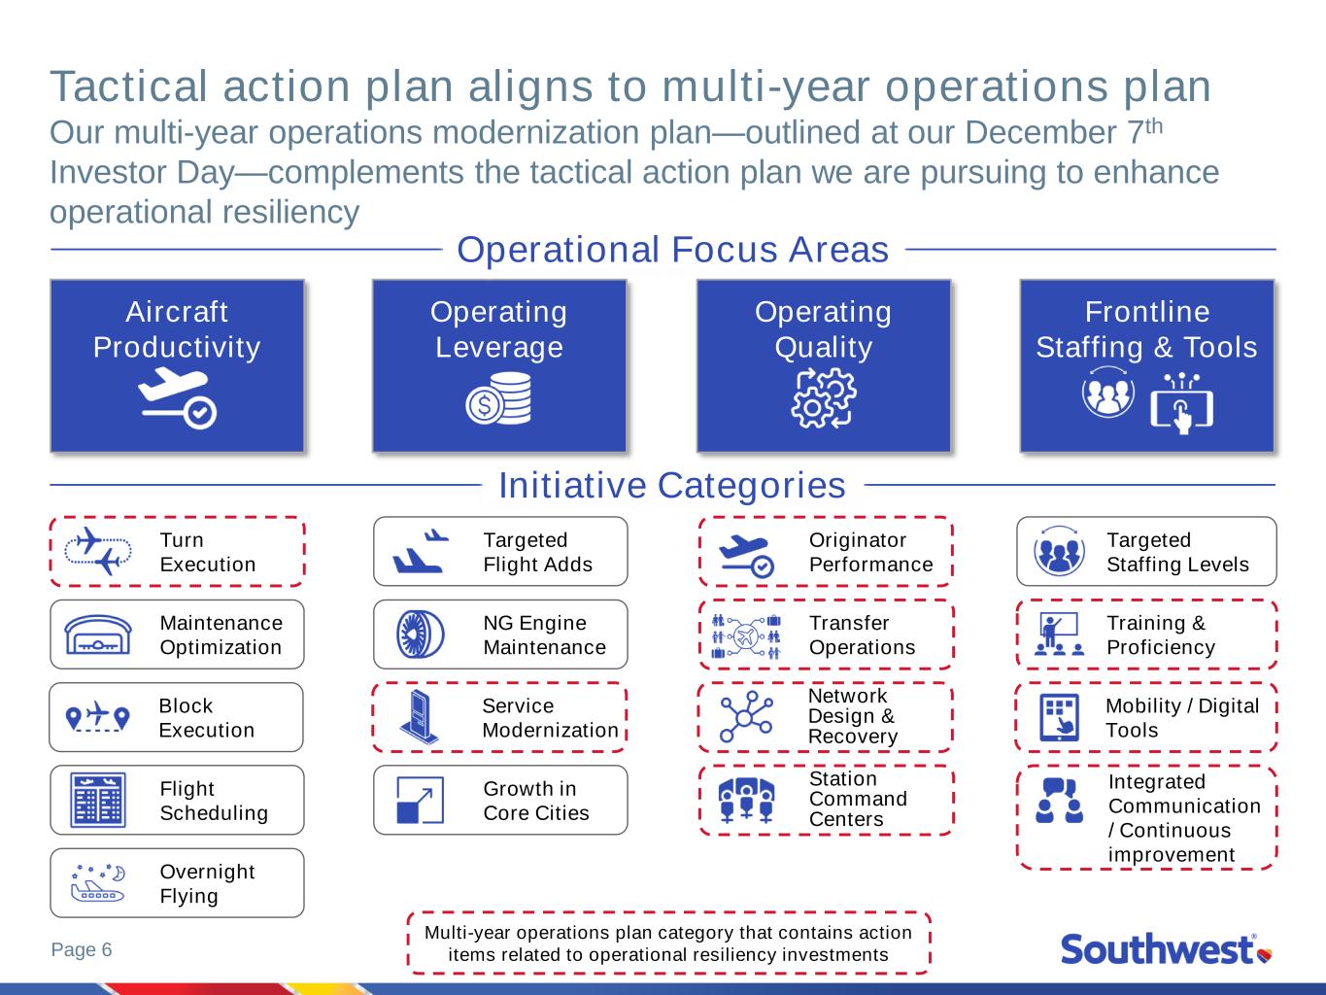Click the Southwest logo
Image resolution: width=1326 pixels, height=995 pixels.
coord(1166,949)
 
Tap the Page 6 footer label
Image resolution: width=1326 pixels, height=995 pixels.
coord(82,949)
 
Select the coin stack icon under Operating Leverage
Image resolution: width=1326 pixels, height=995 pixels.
coord(498,398)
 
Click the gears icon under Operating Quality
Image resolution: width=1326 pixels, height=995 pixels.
coord(824,398)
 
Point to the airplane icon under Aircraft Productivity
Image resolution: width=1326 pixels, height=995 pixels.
coord(177,398)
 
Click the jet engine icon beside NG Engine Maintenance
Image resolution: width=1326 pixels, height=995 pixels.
coord(421,635)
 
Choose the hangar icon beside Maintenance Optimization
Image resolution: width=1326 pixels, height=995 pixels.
coord(98,635)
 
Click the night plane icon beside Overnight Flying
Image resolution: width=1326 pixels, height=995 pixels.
coord(98,883)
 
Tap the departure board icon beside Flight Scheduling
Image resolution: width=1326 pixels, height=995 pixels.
coord(98,800)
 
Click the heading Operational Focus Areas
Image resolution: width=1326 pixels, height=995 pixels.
coord(672,250)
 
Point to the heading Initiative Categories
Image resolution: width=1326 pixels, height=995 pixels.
coord(672,485)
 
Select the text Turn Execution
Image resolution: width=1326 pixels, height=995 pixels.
coord(207,552)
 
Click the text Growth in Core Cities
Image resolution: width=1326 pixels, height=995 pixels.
coord(536,801)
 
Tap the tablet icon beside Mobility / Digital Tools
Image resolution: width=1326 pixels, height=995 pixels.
coord(1059,717)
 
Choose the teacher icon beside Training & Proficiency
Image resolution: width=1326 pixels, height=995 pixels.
coord(1059,634)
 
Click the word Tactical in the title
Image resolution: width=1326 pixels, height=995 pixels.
coord(128,86)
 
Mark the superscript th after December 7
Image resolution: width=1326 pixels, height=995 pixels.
coord(1154,126)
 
